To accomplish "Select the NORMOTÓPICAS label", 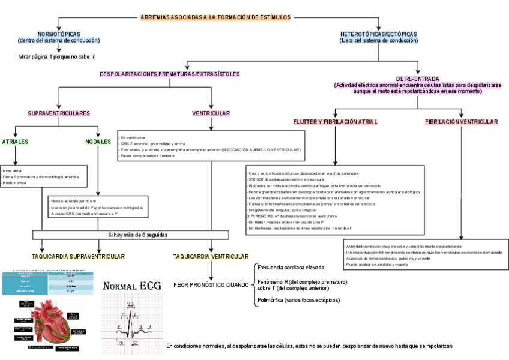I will (x=59, y=34).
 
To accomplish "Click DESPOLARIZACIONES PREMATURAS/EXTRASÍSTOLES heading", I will (x=170, y=74).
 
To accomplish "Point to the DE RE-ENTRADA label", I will (x=418, y=79).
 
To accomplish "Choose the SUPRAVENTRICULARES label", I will (x=59, y=113).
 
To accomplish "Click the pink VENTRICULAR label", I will (x=211, y=113).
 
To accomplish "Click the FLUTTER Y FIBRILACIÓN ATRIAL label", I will (x=335, y=122).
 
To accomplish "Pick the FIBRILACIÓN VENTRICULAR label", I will (x=461, y=122).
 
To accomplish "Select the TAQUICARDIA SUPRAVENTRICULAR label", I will (x=78, y=256).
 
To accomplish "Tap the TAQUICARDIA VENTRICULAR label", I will (x=211, y=256).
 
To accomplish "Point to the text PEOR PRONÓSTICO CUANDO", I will (x=211, y=284).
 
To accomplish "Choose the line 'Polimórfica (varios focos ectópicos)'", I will (x=298, y=300).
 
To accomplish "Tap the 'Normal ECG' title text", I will (x=132, y=286).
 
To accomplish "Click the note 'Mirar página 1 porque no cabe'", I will (x=57, y=56).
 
